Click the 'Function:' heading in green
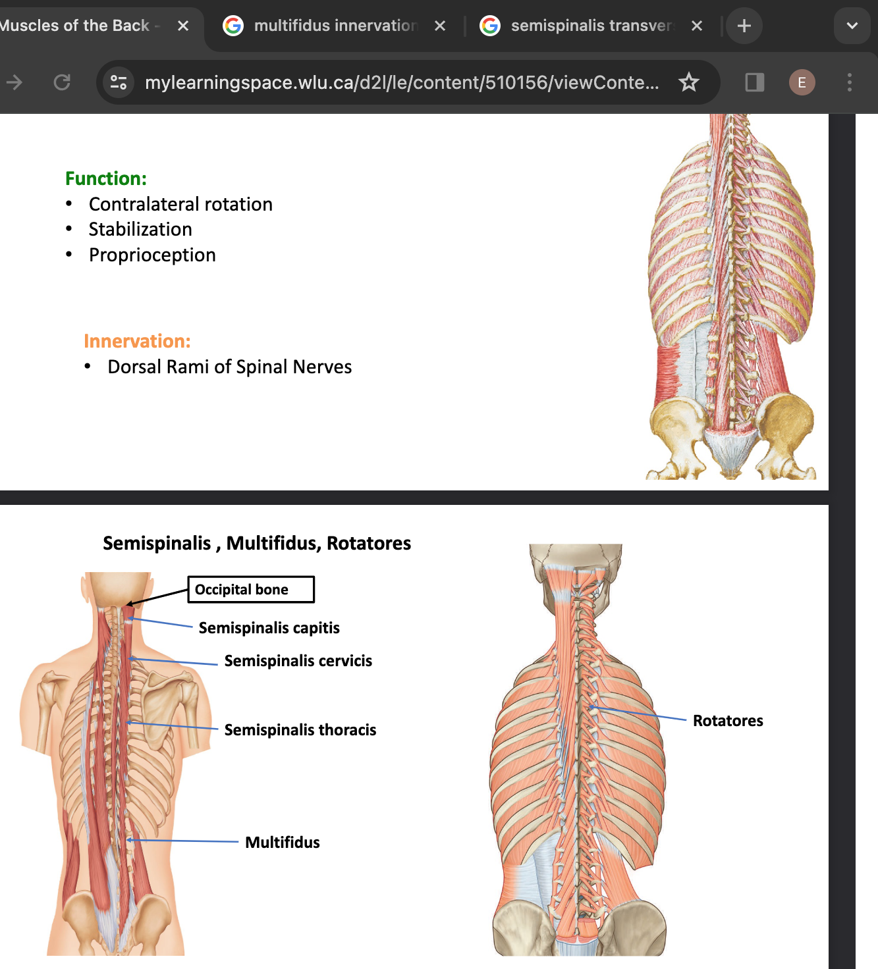point(106,178)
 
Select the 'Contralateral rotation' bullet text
point(180,204)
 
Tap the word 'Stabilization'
point(140,229)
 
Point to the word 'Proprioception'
point(152,255)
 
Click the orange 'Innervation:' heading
point(137,341)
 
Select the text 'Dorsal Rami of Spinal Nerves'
point(229,367)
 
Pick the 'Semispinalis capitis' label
point(269,628)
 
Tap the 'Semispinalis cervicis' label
point(298,661)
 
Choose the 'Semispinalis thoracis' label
point(300,730)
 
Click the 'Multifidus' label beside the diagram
point(282,843)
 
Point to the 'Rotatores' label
point(728,721)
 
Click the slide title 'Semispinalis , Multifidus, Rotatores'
point(257,543)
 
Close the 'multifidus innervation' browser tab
point(440,26)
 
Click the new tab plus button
point(744,26)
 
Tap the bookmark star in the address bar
point(689,82)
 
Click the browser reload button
point(62,82)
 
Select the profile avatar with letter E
point(802,82)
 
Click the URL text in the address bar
point(402,82)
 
